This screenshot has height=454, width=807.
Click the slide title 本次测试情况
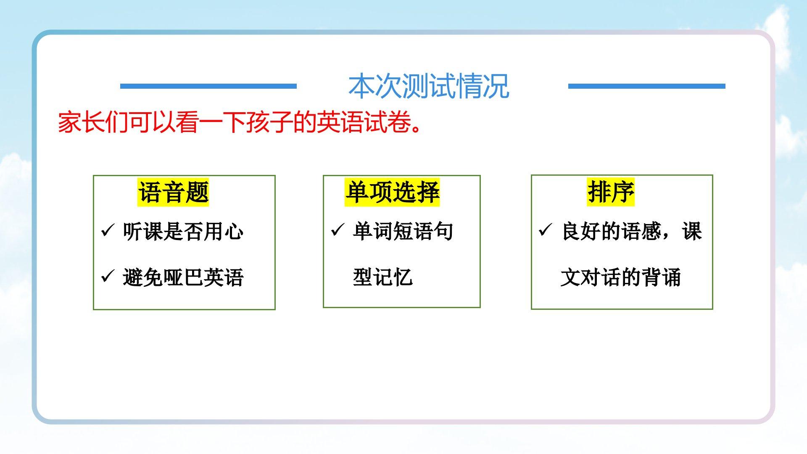[429, 86]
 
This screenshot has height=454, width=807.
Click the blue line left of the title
[208, 86]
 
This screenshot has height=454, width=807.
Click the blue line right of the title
[646, 86]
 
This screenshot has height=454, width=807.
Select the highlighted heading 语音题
[173, 193]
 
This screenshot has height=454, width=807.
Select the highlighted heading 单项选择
[392, 192]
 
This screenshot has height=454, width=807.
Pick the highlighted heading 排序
[611, 192]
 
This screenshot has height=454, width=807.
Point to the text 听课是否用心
[183, 231]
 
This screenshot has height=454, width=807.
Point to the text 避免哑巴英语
[183, 277]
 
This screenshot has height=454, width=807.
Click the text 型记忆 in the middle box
[383, 277]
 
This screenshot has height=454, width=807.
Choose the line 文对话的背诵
[621, 277]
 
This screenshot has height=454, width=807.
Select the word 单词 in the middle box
[373, 231]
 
